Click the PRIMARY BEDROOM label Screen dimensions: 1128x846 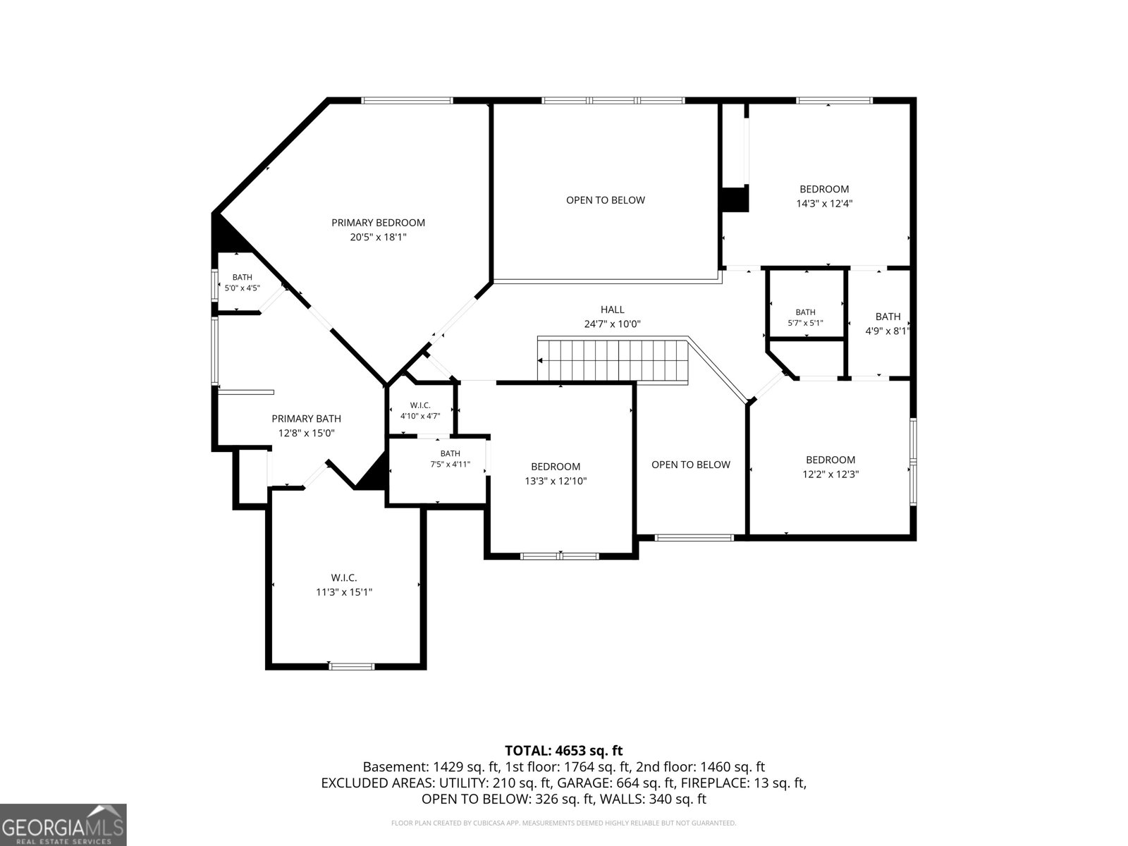[378, 222]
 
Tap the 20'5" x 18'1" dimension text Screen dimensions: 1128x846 [378, 237]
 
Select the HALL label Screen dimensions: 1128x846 [612, 309]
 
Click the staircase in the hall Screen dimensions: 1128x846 [613, 360]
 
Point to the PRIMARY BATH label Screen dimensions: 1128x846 [306, 419]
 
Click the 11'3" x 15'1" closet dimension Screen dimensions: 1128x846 [344, 591]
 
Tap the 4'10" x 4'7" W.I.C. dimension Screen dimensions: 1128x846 [420, 416]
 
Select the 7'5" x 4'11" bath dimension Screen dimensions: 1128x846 [450, 465]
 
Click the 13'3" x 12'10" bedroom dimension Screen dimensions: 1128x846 [556, 481]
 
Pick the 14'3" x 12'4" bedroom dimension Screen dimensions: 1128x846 [824, 204]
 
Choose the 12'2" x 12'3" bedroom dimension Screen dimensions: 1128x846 [830, 474]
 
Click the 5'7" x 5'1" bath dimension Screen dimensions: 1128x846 [805, 323]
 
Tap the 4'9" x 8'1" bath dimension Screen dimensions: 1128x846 [888, 331]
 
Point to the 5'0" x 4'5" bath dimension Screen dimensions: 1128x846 [242, 288]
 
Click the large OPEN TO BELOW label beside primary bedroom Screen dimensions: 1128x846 [606, 200]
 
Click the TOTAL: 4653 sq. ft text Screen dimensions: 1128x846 [564, 750]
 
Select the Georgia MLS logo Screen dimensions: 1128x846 [63, 824]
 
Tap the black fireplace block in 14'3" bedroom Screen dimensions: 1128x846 [735, 200]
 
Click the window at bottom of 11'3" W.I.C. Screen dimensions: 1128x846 [352, 667]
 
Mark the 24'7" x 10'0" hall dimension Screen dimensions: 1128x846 [612, 324]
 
